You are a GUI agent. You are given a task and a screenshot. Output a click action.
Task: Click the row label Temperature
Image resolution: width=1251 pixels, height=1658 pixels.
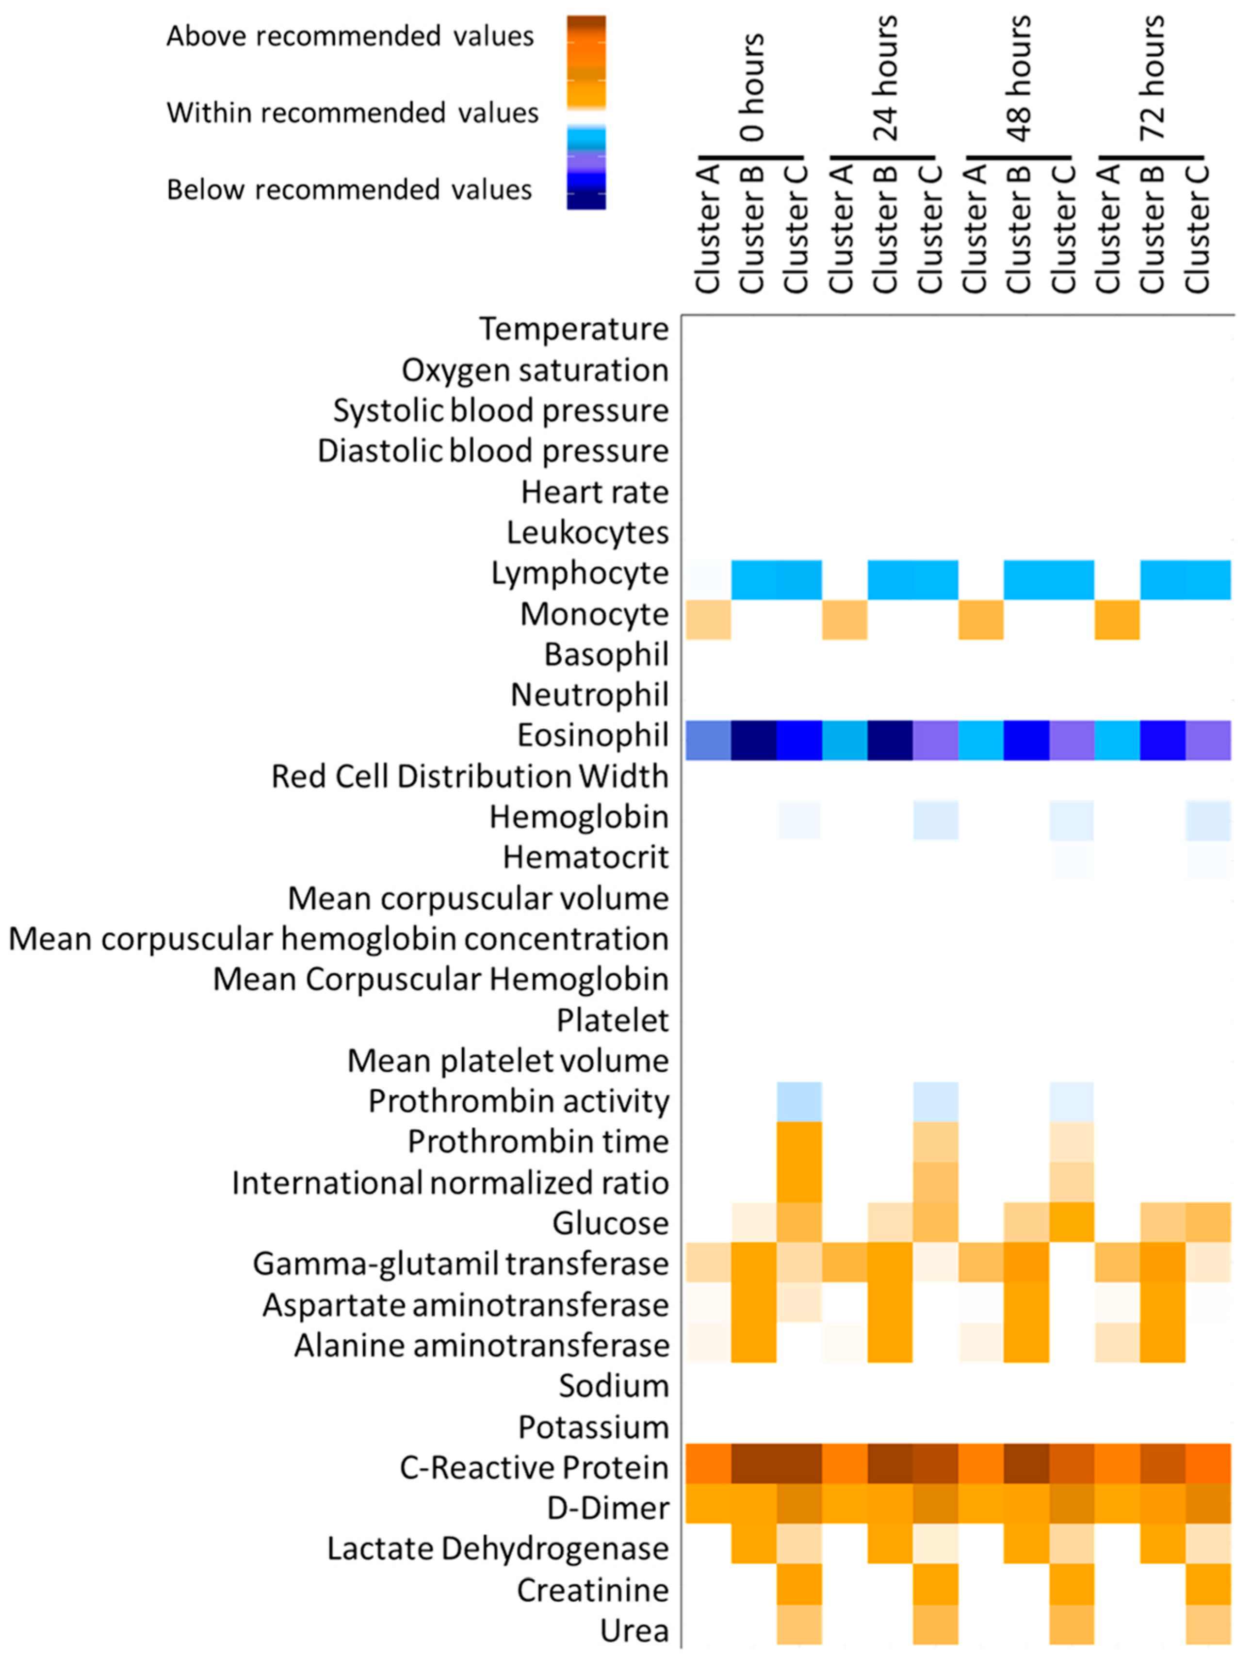pos(574,329)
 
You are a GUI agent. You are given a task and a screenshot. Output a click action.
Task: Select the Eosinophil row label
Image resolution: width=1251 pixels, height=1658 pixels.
pos(593,735)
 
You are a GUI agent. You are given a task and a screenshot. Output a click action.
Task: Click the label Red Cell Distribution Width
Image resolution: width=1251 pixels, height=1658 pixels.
pos(470,776)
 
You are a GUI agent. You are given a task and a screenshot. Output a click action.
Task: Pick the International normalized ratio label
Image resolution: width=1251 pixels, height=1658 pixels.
pos(450,1183)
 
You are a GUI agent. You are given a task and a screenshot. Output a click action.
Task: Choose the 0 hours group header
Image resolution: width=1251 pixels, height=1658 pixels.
pos(752,87)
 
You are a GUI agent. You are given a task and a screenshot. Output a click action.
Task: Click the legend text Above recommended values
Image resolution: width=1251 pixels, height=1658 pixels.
pos(350,36)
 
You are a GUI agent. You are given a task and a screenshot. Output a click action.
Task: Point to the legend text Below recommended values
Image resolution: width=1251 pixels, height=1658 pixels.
pos(349,190)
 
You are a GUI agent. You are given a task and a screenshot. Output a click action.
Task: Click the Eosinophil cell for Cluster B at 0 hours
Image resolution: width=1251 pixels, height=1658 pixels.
pos(754,740)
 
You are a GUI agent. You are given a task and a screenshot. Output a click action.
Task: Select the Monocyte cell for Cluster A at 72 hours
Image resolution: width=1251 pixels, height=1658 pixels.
pos(1117,619)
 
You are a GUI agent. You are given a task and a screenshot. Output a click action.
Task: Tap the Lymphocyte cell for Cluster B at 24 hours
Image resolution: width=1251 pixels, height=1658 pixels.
pos(890,579)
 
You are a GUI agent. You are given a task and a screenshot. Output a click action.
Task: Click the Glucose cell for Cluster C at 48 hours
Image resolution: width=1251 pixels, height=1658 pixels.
pos(1071,1222)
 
